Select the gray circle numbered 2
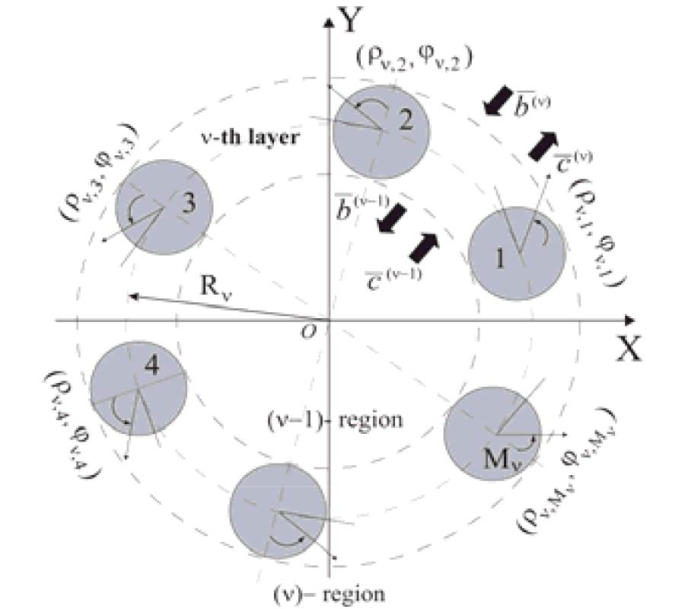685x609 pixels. (379, 129)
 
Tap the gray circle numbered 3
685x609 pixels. (164, 206)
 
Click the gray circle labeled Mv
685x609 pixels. (492, 434)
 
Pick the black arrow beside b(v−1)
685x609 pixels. (394, 219)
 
